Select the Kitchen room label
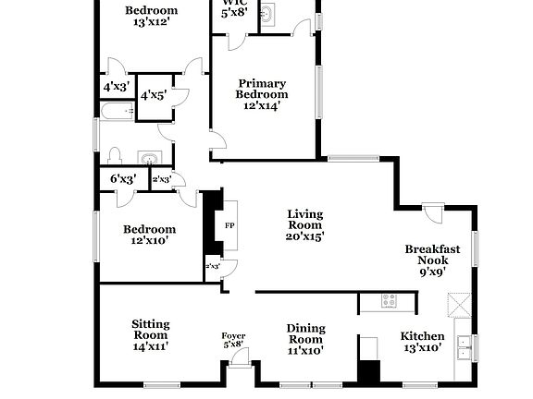tap(421, 336)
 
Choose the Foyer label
tap(232, 335)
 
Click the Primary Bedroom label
tap(262, 88)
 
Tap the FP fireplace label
tap(229, 224)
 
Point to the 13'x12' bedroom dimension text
tap(151, 23)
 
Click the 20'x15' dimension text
tap(304, 236)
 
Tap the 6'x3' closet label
tap(123, 178)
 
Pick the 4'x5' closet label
tap(152, 94)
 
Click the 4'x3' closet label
tap(116, 87)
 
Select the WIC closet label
tap(232, 4)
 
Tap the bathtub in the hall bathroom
tap(117, 112)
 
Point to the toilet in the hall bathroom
tap(115, 154)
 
